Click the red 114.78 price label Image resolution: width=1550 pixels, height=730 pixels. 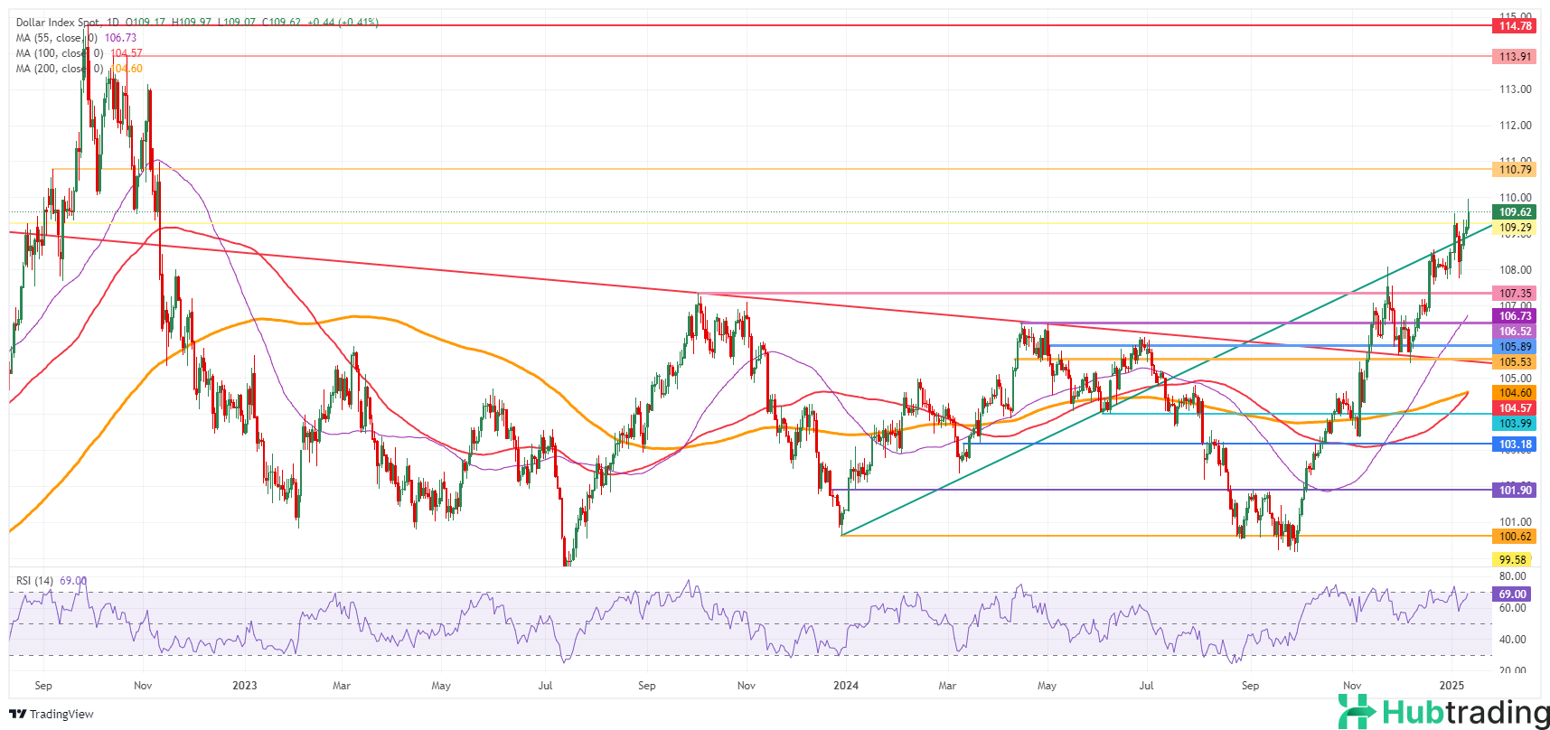click(1515, 26)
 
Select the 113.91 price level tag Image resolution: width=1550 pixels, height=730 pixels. click(1515, 56)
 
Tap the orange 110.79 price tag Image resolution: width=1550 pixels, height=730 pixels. click(1515, 169)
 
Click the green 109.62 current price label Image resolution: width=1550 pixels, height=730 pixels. click(1515, 212)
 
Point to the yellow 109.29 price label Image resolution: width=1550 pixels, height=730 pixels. click(1515, 228)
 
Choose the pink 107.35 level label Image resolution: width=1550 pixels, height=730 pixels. click(1515, 294)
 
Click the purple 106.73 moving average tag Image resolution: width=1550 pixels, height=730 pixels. click(1515, 316)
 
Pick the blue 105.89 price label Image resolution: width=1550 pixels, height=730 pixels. click(1515, 347)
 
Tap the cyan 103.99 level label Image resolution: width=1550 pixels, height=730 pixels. click(1515, 424)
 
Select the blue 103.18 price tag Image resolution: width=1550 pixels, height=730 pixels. click(1515, 445)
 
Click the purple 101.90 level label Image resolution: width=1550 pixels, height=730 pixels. click(1515, 490)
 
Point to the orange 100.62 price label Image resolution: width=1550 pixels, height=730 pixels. click(1515, 537)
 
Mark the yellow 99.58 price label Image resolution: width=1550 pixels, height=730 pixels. click(1512, 560)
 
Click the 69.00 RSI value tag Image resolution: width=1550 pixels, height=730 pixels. click(1512, 594)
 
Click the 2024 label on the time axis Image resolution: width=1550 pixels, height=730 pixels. click(846, 686)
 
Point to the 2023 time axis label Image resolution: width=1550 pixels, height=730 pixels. click(244, 686)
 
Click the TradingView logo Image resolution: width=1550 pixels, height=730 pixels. click(52, 715)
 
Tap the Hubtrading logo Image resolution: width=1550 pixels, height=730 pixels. click(1442, 712)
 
